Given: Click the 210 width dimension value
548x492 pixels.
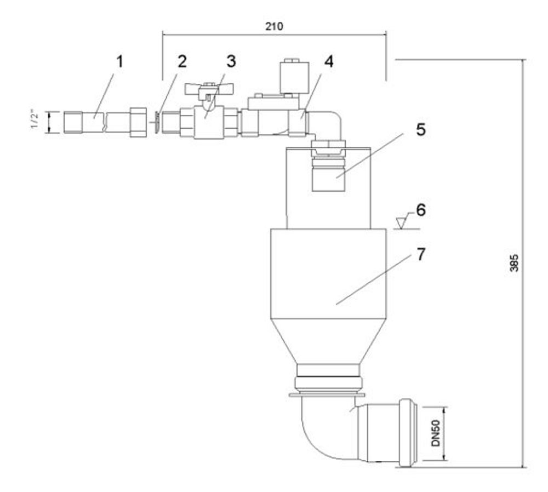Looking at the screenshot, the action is (x=275, y=26).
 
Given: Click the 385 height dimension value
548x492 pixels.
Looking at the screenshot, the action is (x=514, y=262).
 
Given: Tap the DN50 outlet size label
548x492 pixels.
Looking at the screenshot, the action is (x=436, y=433).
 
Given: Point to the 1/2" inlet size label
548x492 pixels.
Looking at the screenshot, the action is (x=34, y=119).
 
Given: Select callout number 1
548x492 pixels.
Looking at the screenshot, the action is (x=119, y=62).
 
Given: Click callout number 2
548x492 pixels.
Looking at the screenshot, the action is (x=182, y=62).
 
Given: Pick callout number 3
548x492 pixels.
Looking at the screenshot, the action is (x=231, y=61).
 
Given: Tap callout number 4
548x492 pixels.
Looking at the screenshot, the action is (x=328, y=61).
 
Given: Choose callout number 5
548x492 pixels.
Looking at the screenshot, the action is (x=421, y=129).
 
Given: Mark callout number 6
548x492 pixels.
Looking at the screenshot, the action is (x=421, y=210).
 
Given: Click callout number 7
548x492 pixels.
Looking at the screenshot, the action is (x=421, y=254).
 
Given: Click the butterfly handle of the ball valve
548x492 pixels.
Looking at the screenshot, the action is (x=210, y=89).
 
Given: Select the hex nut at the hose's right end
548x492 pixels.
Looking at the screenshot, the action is (x=138, y=122).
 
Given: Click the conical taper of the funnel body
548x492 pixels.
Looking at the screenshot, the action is (x=328, y=341).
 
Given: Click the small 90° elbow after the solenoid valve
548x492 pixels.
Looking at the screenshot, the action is (x=328, y=122).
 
